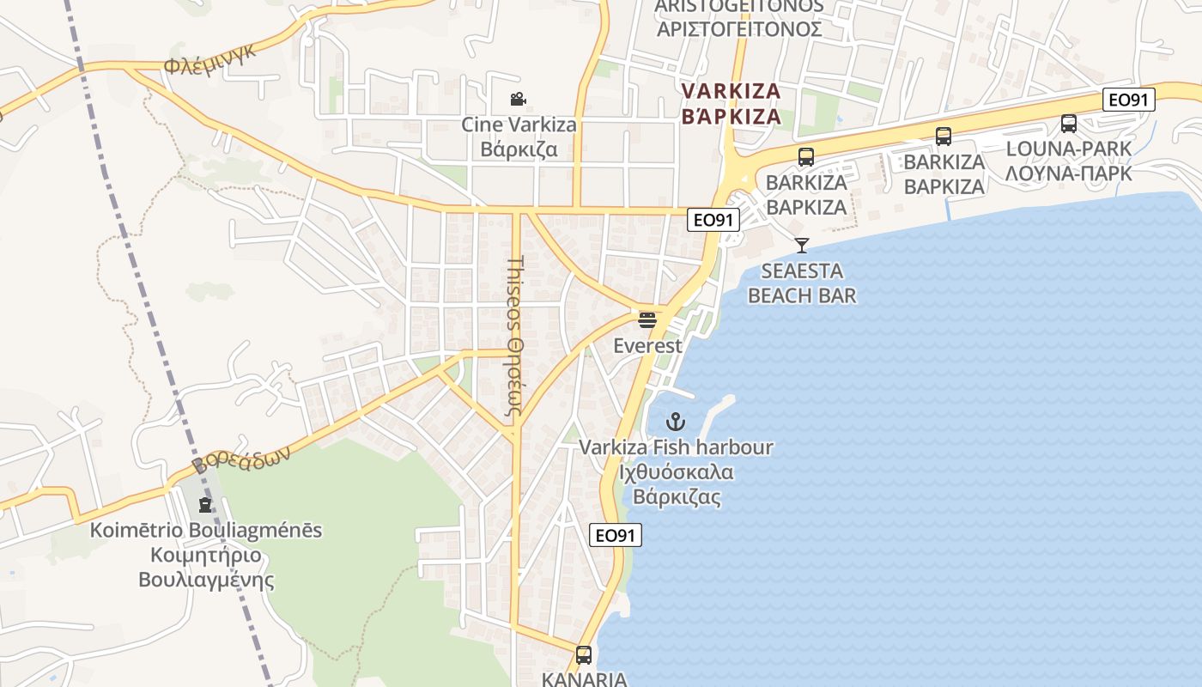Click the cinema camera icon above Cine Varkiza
(518, 100)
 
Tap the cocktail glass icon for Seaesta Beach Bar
(801, 246)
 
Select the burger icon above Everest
(647, 320)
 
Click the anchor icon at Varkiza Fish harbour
(676, 422)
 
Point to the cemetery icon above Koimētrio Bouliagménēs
(205, 505)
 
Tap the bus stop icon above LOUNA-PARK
(1068, 124)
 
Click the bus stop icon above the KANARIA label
(584, 655)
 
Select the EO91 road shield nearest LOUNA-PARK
(1128, 100)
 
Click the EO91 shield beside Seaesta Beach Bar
(713, 220)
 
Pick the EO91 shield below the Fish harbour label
(616, 535)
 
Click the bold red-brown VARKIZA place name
(731, 91)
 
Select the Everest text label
(647, 346)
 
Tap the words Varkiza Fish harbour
(676, 447)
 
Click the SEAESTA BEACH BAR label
(802, 283)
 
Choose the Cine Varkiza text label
(519, 125)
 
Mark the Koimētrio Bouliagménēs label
(206, 530)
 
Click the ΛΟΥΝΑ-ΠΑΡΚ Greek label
(1069, 173)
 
